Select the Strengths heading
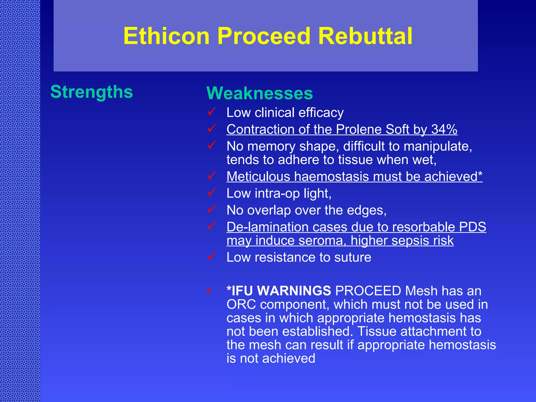(x=92, y=92)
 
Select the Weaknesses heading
(x=260, y=93)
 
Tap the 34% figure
(x=444, y=129)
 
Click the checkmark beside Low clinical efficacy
(x=211, y=111)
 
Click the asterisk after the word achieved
(x=480, y=175)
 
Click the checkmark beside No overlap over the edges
(x=211, y=209)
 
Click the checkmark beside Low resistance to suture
(x=211, y=256)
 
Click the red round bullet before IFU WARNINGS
(x=209, y=291)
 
